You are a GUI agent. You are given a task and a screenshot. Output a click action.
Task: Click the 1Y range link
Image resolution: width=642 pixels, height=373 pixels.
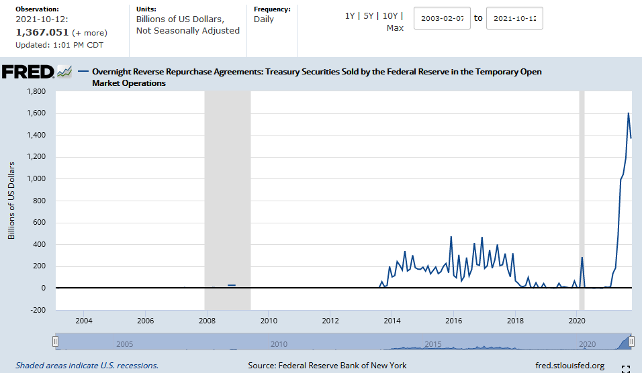pos(349,16)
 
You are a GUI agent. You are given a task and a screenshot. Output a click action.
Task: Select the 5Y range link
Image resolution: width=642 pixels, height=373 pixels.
pos(368,16)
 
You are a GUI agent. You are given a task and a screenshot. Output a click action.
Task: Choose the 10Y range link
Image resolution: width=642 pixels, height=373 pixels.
pos(390,16)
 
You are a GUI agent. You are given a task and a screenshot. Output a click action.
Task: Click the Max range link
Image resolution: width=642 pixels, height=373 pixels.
pos(395,28)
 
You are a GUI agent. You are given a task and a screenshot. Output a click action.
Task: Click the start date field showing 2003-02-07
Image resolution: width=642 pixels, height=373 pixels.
pos(442,18)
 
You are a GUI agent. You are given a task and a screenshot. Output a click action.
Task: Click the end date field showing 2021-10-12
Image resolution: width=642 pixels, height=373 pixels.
pos(514,18)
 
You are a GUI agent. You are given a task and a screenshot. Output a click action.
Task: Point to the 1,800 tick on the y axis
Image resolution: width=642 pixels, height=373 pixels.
pos(36,91)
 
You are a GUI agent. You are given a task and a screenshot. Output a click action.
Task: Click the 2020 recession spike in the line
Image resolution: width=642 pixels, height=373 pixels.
pos(582,258)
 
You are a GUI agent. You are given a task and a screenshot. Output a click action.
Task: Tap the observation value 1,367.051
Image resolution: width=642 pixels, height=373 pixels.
pos(42,32)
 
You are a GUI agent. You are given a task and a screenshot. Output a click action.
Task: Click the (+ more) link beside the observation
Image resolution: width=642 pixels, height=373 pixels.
pos(89,33)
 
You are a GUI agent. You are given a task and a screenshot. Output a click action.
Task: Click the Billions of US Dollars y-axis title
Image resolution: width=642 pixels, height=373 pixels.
pos(11,201)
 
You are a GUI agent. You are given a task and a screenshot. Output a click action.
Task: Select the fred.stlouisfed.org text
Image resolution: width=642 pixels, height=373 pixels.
pos(569,366)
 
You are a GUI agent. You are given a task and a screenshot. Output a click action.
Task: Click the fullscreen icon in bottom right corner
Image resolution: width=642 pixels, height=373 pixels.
pos(625,368)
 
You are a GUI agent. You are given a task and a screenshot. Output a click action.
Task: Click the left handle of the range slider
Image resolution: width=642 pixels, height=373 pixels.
pos(56,341)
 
